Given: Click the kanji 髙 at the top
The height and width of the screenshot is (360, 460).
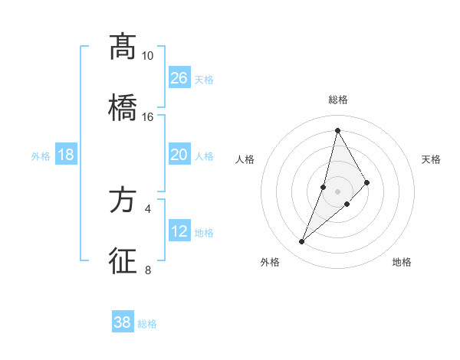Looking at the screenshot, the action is pos(123,47).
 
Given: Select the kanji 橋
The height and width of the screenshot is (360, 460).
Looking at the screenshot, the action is pos(123,107).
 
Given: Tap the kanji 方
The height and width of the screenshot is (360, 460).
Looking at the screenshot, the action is pos(123,201).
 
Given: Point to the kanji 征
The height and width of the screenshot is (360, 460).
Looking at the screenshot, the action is pos(123,261).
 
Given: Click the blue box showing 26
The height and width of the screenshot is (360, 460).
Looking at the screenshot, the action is pos(179,78).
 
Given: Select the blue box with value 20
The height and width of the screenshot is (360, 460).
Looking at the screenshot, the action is pos(179,155).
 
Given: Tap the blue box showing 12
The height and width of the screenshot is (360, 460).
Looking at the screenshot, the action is pos(179,231).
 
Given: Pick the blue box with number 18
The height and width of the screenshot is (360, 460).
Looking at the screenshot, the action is pos(66,155).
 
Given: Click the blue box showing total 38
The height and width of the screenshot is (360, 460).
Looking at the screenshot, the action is pos(123,322).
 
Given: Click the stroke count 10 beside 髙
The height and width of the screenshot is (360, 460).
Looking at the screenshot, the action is pos(147,56).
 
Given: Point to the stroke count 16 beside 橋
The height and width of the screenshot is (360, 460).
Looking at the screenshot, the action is pos(147,117).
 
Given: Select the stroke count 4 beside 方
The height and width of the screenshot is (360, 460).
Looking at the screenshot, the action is pos(147,208).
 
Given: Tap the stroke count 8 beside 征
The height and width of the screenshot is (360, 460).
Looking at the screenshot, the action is pos(147,270).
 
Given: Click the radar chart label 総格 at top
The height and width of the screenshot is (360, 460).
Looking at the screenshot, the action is pos(338,100).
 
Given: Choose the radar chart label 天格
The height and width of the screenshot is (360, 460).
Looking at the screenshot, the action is pos(432,159).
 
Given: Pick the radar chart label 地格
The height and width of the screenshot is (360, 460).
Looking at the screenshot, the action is pos(402,262).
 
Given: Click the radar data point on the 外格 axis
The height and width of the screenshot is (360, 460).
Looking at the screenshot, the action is pos(302,242).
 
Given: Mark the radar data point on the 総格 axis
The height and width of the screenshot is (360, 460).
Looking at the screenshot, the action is pos(337,130).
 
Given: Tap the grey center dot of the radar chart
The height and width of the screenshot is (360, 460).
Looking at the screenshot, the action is pos(338,191).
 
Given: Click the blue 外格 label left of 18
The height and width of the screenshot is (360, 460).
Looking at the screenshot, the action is pos(41,155).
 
